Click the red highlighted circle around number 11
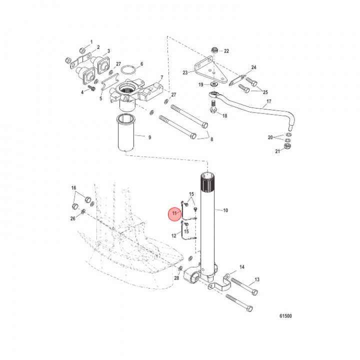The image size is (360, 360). pyautogui.click(x=174, y=213)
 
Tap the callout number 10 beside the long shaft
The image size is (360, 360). pyautogui.click(x=225, y=210)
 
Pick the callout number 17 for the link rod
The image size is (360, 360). pyautogui.click(x=268, y=101)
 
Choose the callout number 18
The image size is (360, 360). pyautogui.click(x=224, y=115)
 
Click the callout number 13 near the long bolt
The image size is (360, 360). pyautogui.click(x=257, y=279)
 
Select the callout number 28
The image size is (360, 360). pyautogui.click(x=176, y=277)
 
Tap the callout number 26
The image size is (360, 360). pyautogui.click(x=73, y=218)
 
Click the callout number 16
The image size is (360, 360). pyautogui.click(x=73, y=188)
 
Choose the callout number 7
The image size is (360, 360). pyautogui.click(x=161, y=78)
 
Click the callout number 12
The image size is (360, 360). pyautogui.click(x=174, y=235)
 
